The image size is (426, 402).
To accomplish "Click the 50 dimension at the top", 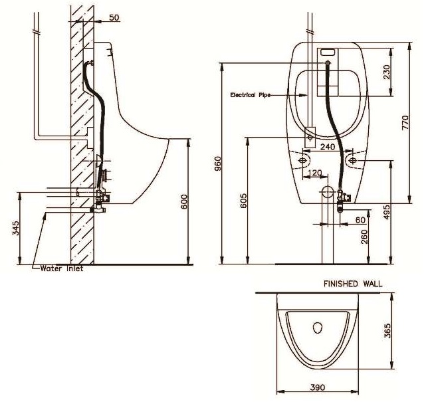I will [114, 18].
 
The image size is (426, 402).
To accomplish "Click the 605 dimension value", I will [243, 201].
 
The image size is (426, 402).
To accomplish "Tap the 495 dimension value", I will [387, 211].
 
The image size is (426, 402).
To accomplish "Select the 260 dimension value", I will [364, 235].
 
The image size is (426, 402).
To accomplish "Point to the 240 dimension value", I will [327, 146].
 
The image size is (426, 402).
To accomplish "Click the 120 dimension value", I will [316, 173].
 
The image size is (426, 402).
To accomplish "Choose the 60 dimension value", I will [360, 219].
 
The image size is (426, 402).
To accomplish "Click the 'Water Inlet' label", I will [61, 269].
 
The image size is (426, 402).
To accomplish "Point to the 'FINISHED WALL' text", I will [352, 284].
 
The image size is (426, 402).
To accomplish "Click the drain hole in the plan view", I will [317, 328].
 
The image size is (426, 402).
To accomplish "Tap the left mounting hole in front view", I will [305, 160].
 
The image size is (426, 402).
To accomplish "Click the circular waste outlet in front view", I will [326, 193].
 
